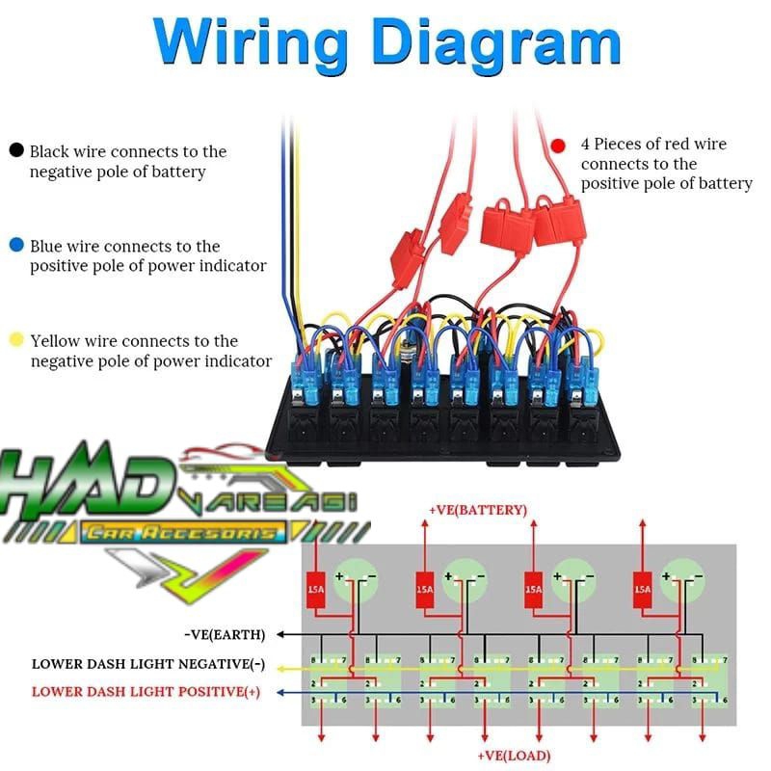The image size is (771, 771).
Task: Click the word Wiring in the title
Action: tap(252, 43)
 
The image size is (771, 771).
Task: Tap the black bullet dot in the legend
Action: tap(16, 151)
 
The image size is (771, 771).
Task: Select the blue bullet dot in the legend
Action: tap(16, 246)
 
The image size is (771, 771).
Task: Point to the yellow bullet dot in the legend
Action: tap(16, 340)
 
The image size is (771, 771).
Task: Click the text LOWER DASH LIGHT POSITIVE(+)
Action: tap(146, 691)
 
